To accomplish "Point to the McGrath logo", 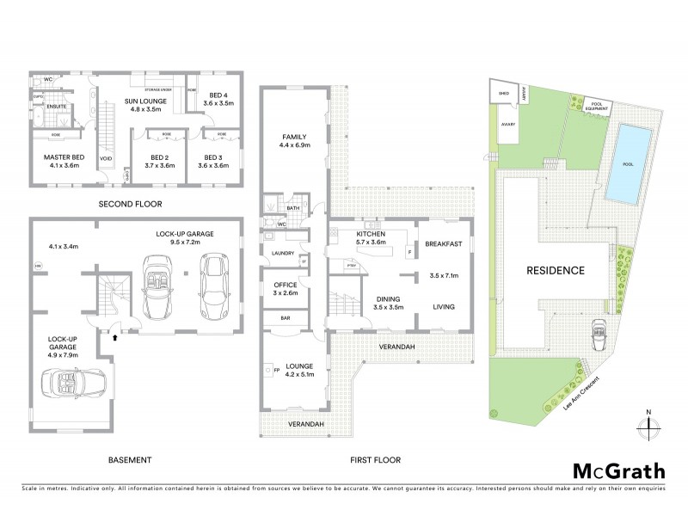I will pos(618,470).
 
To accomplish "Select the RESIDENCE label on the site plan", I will pos(556,270).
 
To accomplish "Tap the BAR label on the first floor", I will pos(284,318).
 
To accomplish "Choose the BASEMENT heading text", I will pos(131,459).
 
